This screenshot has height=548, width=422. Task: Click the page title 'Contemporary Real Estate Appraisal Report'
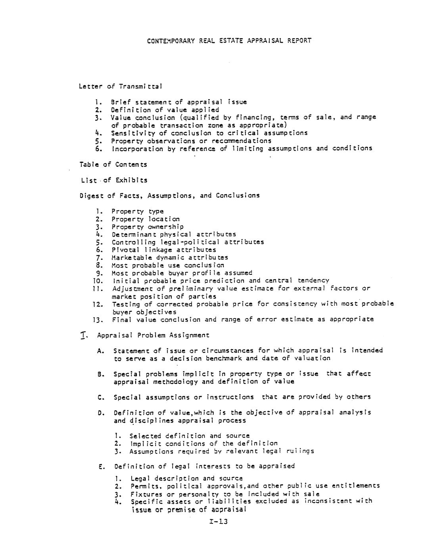pyautogui.click(x=229, y=41)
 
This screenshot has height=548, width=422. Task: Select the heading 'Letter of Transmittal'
pyautogui.click(x=120, y=86)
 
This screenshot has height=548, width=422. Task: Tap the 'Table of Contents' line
pyautogui.click(x=113, y=164)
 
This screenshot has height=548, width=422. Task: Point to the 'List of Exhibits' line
pyautogui.click(x=114, y=180)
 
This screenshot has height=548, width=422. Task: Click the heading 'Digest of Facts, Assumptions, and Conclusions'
pyautogui.click(x=170, y=195)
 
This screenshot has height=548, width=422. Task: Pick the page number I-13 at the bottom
pyautogui.click(x=218, y=521)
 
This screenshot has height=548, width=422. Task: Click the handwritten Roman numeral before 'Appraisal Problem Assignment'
pyautogui.click(x=83, y=336)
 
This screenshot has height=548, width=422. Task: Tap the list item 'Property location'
pyautogui.click(x=145, y=219)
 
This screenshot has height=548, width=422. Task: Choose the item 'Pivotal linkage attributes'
pyautogui.click(x=163, y=250)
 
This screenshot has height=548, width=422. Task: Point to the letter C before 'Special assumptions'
pyautogui.click(x=100, y=397)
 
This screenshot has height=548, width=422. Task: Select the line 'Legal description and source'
pyautogui.click(x=186, y=479)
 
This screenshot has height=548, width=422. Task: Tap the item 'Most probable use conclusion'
pyautogui.click(x=167, y=265)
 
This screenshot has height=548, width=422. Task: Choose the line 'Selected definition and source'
pyautogui.click(x=190, y=436)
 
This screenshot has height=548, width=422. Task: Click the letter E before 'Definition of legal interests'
pyautogui.click(x=101, y=467)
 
